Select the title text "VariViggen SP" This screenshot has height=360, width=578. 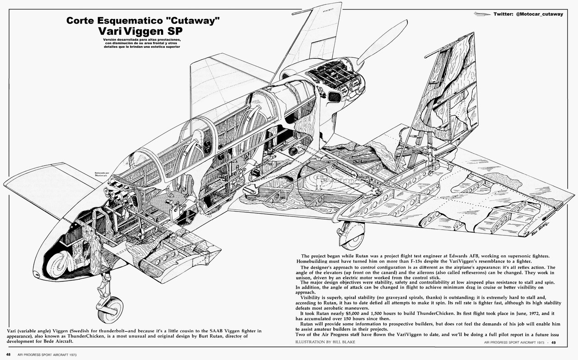point(140,33)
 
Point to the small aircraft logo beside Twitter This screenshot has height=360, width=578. point(482,14)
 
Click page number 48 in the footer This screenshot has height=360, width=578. point(9,354)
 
